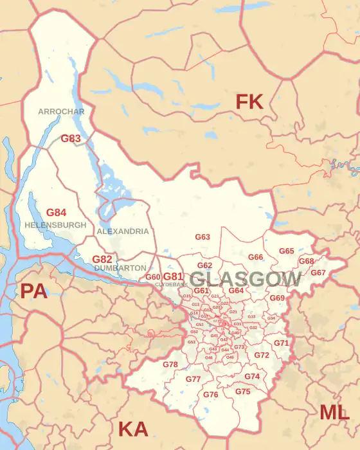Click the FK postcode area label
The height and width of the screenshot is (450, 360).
[249, 102]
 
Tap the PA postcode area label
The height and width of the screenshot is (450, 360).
[34, 291]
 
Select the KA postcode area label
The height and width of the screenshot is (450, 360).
[133, 429]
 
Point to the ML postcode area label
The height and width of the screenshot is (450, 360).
[335, 413]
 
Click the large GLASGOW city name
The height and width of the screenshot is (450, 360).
[246, 279]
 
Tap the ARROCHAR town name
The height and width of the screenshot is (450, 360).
[61, 111]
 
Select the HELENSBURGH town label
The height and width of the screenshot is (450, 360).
[55, 226]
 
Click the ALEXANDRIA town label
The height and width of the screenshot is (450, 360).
[123, 231]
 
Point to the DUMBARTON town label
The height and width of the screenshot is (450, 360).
[120, 267]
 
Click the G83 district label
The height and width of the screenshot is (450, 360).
[71, 138]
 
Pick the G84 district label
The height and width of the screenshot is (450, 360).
[56, 212]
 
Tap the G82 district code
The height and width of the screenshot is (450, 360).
[102, 259]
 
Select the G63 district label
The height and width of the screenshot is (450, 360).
[203, 237]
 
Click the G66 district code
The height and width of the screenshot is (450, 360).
[256, 257]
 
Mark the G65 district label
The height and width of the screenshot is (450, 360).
[286, 251]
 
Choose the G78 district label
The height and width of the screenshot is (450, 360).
[170, 364]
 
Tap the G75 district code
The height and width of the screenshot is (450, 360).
[242, 392]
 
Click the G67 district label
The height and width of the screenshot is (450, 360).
[318, 273]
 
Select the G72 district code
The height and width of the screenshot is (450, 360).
[262, 355]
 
